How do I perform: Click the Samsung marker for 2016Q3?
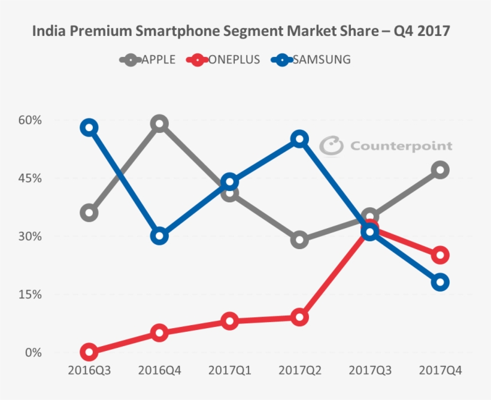pos(89,127)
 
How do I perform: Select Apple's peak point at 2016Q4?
pos(159,124)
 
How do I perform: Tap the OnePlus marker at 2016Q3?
pos(89,352)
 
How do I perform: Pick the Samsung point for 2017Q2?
pos(299,139)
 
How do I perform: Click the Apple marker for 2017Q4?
pos(440,170)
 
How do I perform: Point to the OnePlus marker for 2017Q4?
pos(440,255)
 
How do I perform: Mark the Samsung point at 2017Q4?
pos(440,282)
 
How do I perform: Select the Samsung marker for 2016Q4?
pos(159,236)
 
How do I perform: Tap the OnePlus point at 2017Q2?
pos(299,317)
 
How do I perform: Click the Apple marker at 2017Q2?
pos(299,240)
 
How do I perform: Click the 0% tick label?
pos(34,353)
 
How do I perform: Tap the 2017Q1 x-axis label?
pos(229,371)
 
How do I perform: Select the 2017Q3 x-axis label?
pos(370,371)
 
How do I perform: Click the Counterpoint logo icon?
pos(331,146)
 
